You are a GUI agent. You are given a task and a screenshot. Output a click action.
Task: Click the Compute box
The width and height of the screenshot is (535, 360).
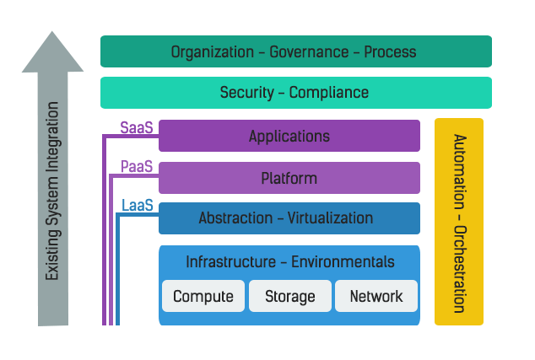[x=203, y=296]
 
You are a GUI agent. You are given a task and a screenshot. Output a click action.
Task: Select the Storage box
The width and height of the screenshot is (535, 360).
[x=290, y=296]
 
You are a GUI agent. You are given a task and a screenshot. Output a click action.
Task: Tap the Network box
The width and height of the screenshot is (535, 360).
[x=376, y=296]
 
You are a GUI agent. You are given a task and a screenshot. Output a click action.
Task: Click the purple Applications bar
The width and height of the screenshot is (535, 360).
[x=289, y=136]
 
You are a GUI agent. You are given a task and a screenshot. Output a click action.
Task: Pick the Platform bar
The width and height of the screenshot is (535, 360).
[x=289, y=178]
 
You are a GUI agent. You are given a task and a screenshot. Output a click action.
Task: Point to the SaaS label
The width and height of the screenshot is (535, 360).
[x=136, y=128]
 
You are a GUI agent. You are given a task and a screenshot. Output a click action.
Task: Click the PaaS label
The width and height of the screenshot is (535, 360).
[x=136, y=167]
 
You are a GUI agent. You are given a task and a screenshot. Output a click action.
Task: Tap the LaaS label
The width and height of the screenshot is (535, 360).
[x=138, y=206]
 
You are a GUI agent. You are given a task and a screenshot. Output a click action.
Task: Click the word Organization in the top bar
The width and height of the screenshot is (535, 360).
[x=212, y=51]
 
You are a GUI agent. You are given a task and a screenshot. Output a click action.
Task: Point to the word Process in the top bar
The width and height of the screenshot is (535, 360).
[x=391, y=51]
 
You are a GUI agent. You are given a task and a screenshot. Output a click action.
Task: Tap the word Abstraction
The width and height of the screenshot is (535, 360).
[x=233, y=218]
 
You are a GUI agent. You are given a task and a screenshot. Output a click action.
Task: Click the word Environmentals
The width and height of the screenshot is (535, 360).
[x=343, y=262]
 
